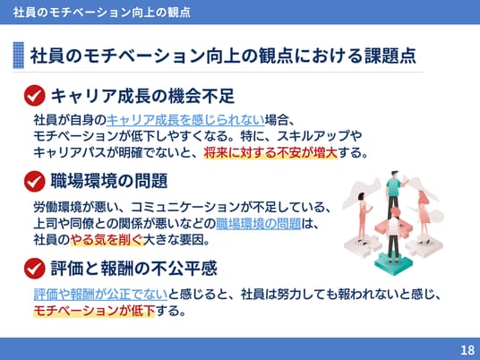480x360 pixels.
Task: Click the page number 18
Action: point(467,350)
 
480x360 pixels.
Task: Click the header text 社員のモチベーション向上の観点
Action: point(101,13)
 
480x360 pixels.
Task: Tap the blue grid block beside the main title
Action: point(19,56)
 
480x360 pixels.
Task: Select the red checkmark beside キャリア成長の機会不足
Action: point(34,96)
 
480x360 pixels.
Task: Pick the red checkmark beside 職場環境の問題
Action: point(34,181)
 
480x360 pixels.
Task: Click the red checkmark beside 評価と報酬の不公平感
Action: point(34,268)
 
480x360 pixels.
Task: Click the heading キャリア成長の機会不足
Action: point(142,96)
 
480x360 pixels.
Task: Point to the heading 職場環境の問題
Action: point(109,181)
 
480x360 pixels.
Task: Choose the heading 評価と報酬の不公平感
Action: point(134,268)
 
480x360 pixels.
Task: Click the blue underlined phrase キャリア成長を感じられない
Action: point(185,120)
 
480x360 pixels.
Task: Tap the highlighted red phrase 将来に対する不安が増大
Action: point(270,152)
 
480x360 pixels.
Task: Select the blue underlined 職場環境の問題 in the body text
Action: point(259,224)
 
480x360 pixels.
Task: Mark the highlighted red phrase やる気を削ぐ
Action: point(107,240)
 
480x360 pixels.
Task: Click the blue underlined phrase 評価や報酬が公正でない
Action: point(100,295)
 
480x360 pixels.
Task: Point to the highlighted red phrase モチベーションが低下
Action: point(94,311)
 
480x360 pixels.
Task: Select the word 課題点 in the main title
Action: point(390,56)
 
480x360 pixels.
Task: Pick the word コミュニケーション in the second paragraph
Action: point(185,207)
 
